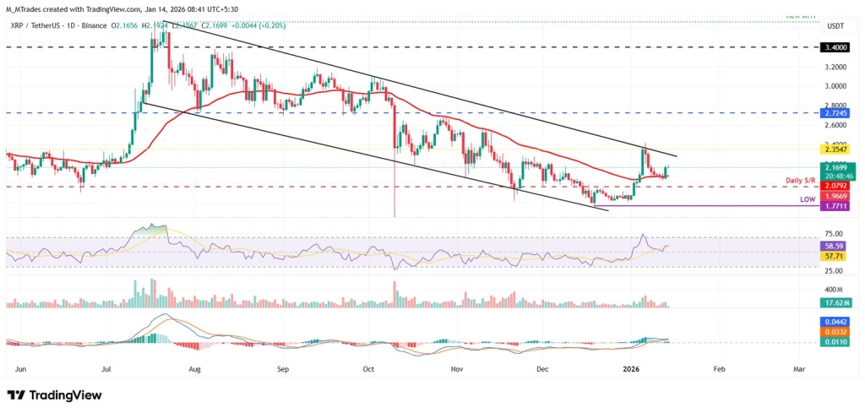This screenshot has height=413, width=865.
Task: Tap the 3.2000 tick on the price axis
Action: (x=838, y=67)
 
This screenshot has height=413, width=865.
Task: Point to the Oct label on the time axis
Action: (x=368, y=369)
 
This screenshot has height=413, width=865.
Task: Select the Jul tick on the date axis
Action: (x=107, y=369)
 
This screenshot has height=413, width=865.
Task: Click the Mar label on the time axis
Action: (x=798, y=369)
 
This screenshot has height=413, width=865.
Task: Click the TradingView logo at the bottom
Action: (x=54, y=395)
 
